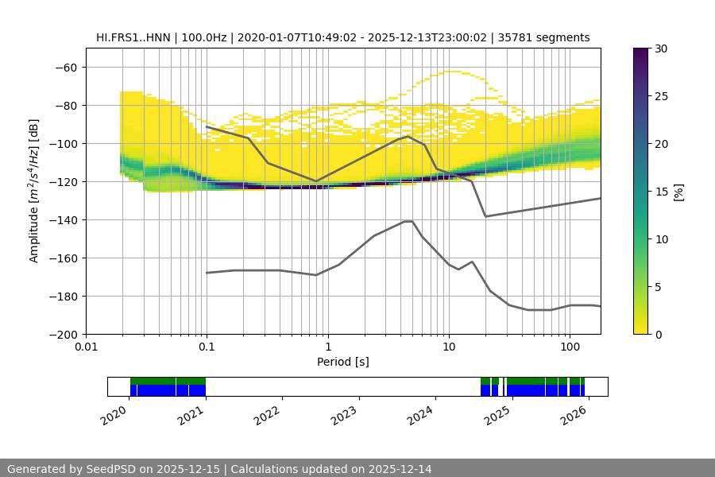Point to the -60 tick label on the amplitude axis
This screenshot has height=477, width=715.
pos(65,67)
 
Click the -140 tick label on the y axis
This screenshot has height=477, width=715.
pos(62,219)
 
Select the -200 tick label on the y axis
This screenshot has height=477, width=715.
pos(62,334)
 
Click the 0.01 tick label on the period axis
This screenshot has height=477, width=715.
pos(86,347)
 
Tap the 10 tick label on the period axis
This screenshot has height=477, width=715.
pos(448,347)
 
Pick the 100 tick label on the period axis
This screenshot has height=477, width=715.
pos(569,347)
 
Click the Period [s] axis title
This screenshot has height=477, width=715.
pos(342,362)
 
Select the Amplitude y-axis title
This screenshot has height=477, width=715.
pos(34,191)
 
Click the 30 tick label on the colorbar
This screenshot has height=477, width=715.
pos(661,48)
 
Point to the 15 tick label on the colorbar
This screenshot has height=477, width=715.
pos(661,192)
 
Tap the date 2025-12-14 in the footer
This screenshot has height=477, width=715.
pos(395,469)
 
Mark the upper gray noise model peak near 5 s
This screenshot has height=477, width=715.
pos(408,136)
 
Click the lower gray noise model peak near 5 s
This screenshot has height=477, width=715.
pos(408,221)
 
